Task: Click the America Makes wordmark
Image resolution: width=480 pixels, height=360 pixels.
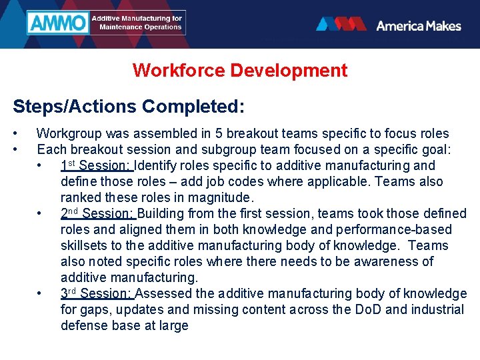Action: tap(418, 25)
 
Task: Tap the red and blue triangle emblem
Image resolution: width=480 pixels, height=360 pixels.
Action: tap(341, 25)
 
